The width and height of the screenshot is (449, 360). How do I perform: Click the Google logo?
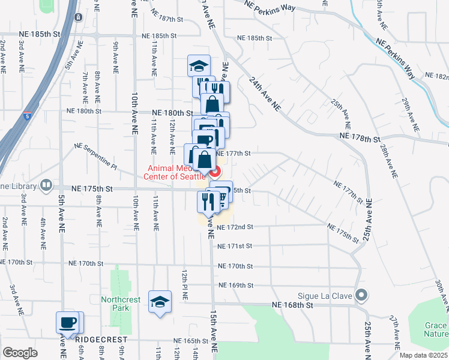19,353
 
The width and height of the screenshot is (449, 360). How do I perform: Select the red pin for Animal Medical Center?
213,171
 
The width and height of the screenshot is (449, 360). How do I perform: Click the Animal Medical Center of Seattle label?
173,172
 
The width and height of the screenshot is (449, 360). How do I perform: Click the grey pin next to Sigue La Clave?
361,295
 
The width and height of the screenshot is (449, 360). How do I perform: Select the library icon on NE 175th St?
46,185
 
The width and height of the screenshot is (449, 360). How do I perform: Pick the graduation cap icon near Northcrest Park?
160,301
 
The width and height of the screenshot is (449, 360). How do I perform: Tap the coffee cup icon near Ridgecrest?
68,323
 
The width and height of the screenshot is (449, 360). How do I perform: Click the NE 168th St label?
293,305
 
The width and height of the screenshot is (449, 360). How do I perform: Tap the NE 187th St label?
167,19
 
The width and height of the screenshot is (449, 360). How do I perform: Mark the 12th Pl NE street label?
185,284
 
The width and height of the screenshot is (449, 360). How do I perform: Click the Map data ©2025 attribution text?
423,355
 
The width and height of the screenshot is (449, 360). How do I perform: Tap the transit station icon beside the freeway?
79,17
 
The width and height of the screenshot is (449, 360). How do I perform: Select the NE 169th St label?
237,285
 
